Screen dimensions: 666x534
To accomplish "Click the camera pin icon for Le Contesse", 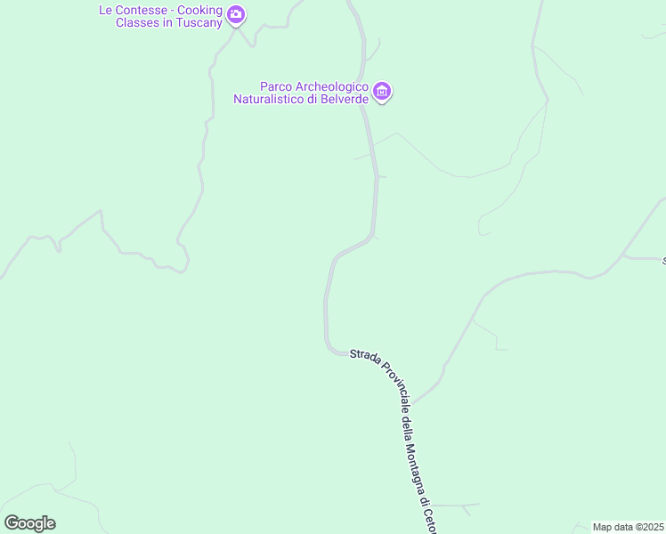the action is (236, 14).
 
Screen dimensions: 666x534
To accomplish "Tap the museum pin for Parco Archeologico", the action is (382, 91).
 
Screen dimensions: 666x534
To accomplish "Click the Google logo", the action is (29, 523).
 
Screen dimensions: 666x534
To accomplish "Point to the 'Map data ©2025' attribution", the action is (629, 527).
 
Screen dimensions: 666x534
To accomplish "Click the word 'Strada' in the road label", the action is (366, 355).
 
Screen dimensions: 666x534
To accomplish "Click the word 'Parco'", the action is (275, 87).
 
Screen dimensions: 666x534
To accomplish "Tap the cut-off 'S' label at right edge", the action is (662, 261).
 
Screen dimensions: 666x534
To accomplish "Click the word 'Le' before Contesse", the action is (106, 11).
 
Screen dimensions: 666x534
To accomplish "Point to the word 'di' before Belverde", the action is (313, 99).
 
